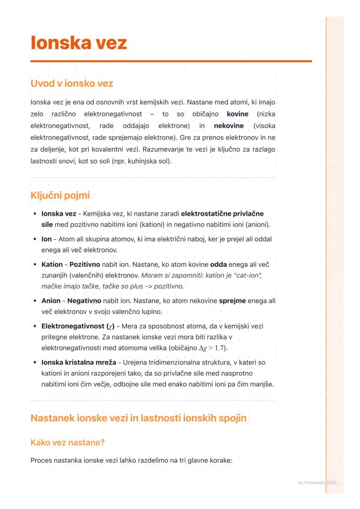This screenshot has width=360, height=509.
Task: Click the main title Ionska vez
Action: click(79, 43)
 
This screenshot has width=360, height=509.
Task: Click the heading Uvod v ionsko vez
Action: click(72, 83)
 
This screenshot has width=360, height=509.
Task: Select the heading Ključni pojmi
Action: click(60, 196)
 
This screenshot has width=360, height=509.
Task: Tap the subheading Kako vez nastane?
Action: click(68, 442)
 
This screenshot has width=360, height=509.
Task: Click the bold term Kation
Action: click(52, 265)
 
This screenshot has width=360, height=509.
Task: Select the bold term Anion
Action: click(51, 301)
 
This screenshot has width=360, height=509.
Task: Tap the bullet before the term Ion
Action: click(35, 239)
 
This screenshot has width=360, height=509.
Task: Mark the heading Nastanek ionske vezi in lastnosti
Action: click(138, 418)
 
